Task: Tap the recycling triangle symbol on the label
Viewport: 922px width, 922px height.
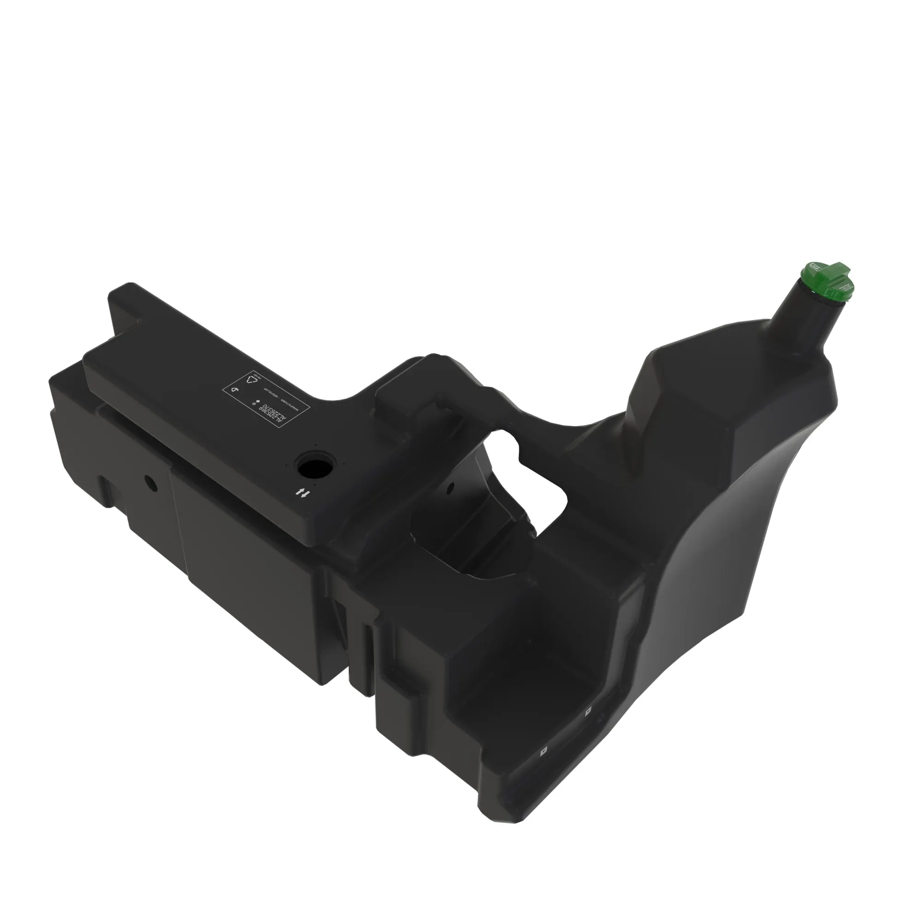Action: click(x=253, y=380)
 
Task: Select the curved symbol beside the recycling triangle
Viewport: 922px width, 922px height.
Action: click(x=235, y=390)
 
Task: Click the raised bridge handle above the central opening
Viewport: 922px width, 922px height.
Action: click(x=430, y=377)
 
